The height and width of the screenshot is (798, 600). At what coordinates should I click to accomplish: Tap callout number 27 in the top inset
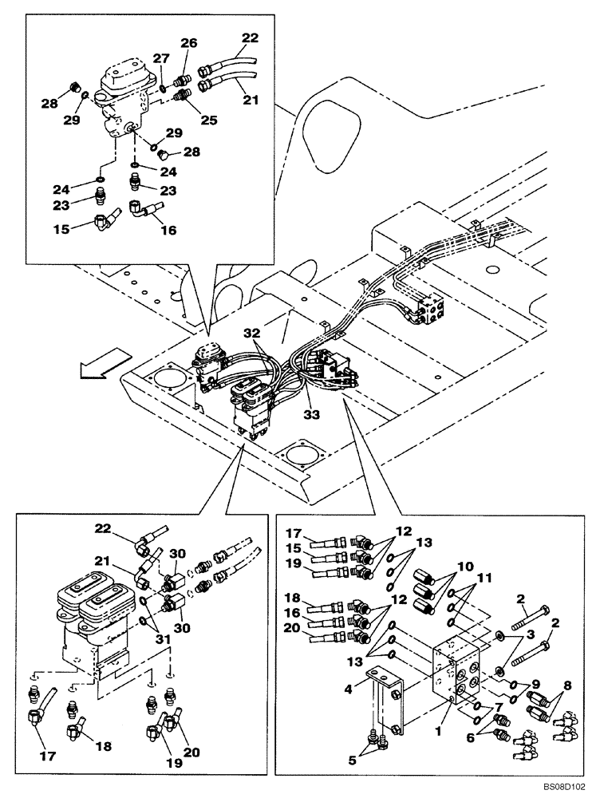(x=161, y=58)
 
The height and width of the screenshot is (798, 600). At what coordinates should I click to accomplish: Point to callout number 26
(x=187, y=44)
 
